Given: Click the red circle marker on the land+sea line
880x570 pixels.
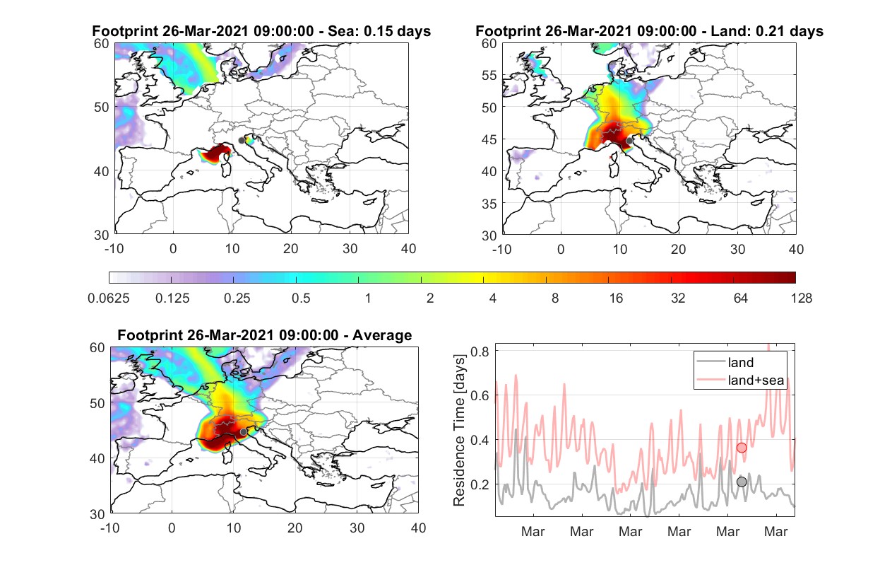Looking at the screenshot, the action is tap(742, 448).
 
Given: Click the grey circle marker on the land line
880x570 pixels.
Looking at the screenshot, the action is tap(742, 482).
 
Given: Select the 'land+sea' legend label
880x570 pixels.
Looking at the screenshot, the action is tap(756, 380).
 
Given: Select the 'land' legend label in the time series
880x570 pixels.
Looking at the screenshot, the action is tap(741, 362).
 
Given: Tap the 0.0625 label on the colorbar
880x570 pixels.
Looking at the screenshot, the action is tap(109, 298).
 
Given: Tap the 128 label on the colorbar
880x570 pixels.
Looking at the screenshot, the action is tap(802, 298).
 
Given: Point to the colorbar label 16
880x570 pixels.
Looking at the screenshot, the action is tap(616, 298).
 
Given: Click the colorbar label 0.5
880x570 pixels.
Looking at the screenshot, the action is tap(301, 298).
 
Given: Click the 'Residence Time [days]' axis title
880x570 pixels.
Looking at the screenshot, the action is tap(459, 430).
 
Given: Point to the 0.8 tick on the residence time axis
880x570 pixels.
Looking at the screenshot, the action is tap(480, 351).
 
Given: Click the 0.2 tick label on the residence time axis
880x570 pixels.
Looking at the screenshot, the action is tap(480, 484).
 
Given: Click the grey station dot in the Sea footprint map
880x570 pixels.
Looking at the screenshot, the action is tap(242, 141).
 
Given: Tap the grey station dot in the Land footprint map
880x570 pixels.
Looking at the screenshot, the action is tap(629, 141).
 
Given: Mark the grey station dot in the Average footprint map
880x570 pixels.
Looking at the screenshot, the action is tap(244, 432).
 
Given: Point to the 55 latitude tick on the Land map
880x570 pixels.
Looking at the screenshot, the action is tap(489, 75).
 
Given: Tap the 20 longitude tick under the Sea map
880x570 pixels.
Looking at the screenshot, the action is tap(291, 249).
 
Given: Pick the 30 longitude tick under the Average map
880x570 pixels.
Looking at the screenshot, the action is tap(357, 528).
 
